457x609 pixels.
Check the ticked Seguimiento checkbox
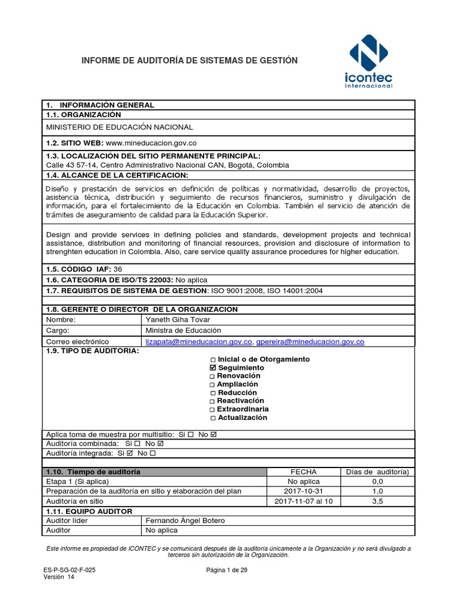click(x=214, y=368)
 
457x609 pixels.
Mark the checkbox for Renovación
click(x=213, y=376)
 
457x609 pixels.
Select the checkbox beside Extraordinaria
click(x=212, y=410)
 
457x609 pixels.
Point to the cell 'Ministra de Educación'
click(x=183, y=330)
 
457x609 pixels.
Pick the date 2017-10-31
click(x=303, y=491)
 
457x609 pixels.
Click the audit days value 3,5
click(x=377, y=501)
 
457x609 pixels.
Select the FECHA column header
click(x=303, y=472)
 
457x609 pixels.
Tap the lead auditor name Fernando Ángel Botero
click(x=186, y=520)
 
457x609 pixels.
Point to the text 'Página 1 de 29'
click(x=227, y=569)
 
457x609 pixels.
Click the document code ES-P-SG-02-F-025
click(x=70, y=569)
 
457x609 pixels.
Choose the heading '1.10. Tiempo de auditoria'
click(x=93, y=472)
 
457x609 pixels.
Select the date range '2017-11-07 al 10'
click(x=303, y=501)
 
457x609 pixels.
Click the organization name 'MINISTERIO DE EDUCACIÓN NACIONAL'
click(x=120, y=127)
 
